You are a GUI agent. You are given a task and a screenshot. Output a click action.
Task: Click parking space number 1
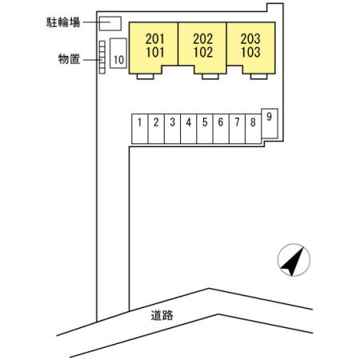140,129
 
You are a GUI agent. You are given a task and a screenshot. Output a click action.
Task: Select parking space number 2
156,129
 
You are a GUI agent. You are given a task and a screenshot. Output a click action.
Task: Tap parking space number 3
173,129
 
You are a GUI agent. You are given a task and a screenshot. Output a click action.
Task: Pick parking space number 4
189,129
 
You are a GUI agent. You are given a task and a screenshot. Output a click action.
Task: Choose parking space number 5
205,129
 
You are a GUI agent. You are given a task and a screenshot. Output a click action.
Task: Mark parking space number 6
221,129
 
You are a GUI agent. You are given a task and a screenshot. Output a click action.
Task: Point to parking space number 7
237,129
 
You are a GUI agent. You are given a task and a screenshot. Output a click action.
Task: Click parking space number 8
254,129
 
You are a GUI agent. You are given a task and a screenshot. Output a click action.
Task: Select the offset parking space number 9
270,123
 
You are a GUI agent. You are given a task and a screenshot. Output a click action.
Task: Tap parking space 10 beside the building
118,54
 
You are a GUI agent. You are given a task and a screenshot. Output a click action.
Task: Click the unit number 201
155,39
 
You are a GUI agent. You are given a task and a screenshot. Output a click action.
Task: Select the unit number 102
203,52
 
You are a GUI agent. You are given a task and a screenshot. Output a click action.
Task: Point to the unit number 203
250,39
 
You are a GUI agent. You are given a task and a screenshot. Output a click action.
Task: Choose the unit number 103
250,52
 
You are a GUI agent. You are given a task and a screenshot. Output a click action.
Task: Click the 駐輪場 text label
63,22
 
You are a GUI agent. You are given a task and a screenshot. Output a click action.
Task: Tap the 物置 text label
69,59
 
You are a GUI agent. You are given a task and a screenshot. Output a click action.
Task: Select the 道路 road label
162,315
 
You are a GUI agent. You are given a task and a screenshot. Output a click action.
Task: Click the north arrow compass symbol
294,260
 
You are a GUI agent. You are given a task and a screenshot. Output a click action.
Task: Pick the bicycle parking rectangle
110,23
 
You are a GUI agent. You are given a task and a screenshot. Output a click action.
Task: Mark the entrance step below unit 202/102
210,77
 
